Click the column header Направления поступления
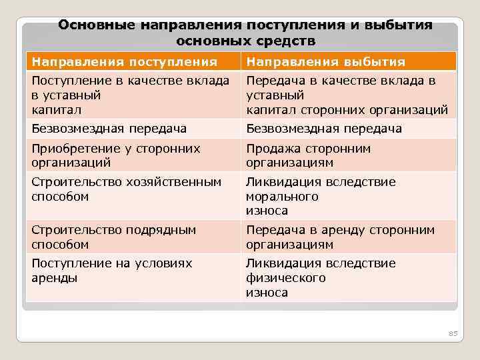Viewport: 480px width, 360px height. pyautogui.click(x=125, y=62)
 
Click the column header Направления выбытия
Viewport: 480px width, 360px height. pyautogui.click(x=325, y=62)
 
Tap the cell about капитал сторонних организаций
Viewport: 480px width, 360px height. pyautogui.click(x=347, y=95)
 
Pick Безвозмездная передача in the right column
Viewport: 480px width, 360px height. pyautogui.click(x=324, y=129)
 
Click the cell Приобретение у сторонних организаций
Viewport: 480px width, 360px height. pyautogui.click(x=116, y=155)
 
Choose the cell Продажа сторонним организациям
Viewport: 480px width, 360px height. pyautogui.click(x=308, y=155)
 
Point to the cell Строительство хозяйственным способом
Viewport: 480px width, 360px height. pyautogui.click(x=126, y=189)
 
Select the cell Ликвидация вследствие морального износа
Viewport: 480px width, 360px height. pyautogui.click(x=321, y=196)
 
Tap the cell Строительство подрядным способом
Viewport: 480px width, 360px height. pyautogui.click(x=114, y=237)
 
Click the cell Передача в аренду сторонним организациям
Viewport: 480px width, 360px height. pyautogui.click(x=340, y=237)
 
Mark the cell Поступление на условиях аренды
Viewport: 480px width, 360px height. pyautogui.click(x=111, y=271)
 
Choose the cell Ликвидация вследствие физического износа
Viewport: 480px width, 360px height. pyautogui.click(x=321, y=277)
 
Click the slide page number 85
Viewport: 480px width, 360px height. pyautogui.click(x=453, y=333)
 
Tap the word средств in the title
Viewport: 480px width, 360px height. pyautogui.click(x=287, y=41)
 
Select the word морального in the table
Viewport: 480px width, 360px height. pyautogui.click(x=282, y=197)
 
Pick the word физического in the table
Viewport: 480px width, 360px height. pyautogui.click(x=286, y=278)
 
